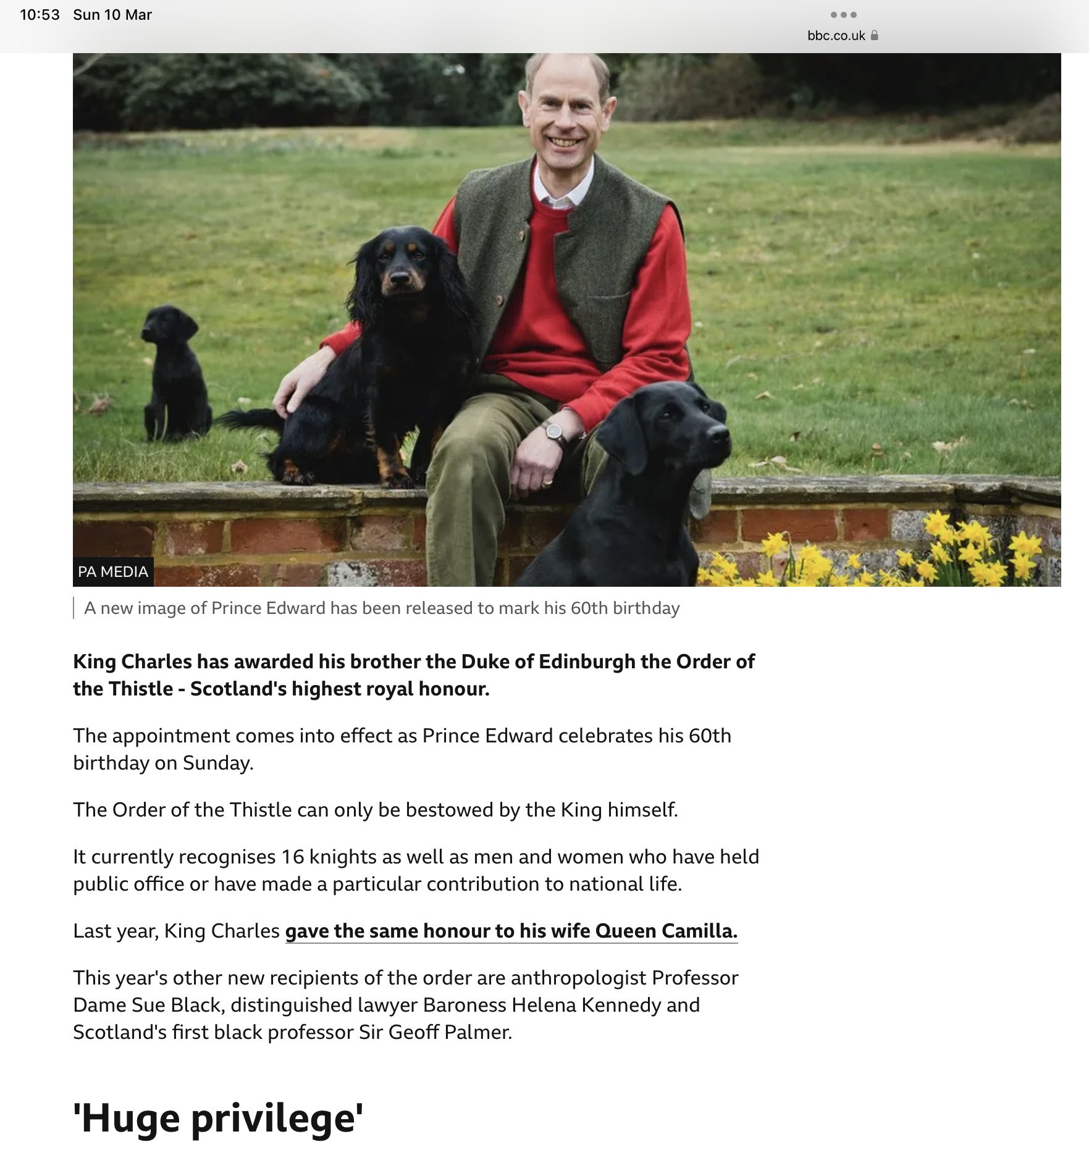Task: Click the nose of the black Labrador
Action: pos(718,433)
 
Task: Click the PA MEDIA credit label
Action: pos(113,571)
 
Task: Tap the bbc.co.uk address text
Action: pos(836,36)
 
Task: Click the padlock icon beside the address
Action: pos(874,36)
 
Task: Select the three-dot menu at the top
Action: pos(843,15)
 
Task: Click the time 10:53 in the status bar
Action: pos(40,15)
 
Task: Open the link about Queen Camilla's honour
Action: pos(511,931)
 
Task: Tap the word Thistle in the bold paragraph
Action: pos(141,689)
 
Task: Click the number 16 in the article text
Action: pos(292,857)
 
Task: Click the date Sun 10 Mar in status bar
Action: pos(112,15)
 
